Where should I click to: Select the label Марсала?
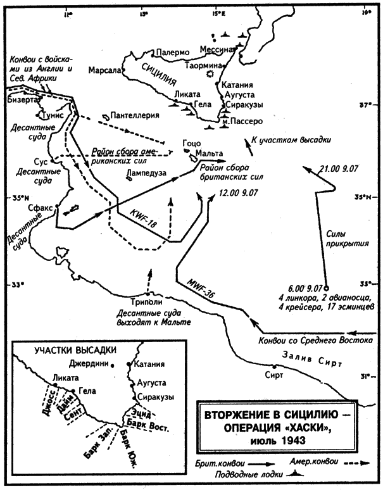tap(104, 70)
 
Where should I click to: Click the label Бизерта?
tap(22, 100)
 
